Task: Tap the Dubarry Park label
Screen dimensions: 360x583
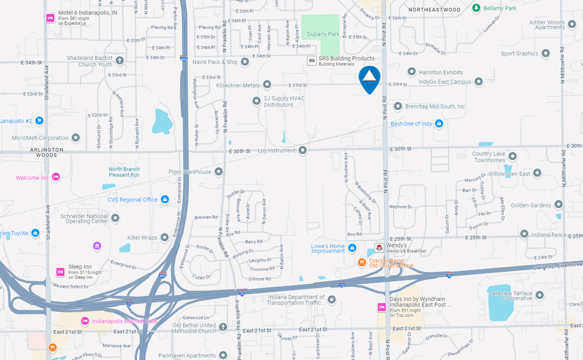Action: click(323, 34)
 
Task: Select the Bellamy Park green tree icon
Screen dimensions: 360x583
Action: click(476, 8)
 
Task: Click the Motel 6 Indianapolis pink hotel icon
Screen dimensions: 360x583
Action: click(51, 17)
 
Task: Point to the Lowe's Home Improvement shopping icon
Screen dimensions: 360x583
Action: click(352, 248)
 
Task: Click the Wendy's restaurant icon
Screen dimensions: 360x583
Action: click(379, 247)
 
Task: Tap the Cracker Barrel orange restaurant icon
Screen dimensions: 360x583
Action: click(361, 262)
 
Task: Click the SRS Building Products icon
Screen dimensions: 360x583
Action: click(311, 61)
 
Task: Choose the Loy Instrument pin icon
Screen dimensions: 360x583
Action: click(302, 150)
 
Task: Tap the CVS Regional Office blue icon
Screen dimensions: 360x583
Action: click(165, 200)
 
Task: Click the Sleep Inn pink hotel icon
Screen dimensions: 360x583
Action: click(60, 271)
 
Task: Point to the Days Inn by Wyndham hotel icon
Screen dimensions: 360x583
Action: click(382, 307)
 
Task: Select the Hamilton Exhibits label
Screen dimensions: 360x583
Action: click(441, 72)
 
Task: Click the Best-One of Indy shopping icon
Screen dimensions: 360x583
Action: click(439, 124)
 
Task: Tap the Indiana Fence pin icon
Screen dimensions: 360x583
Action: click(524, 233)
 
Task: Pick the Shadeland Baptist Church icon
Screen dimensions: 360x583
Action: click(119, 60)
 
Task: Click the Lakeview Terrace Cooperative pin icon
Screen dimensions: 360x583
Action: click(540, 295)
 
